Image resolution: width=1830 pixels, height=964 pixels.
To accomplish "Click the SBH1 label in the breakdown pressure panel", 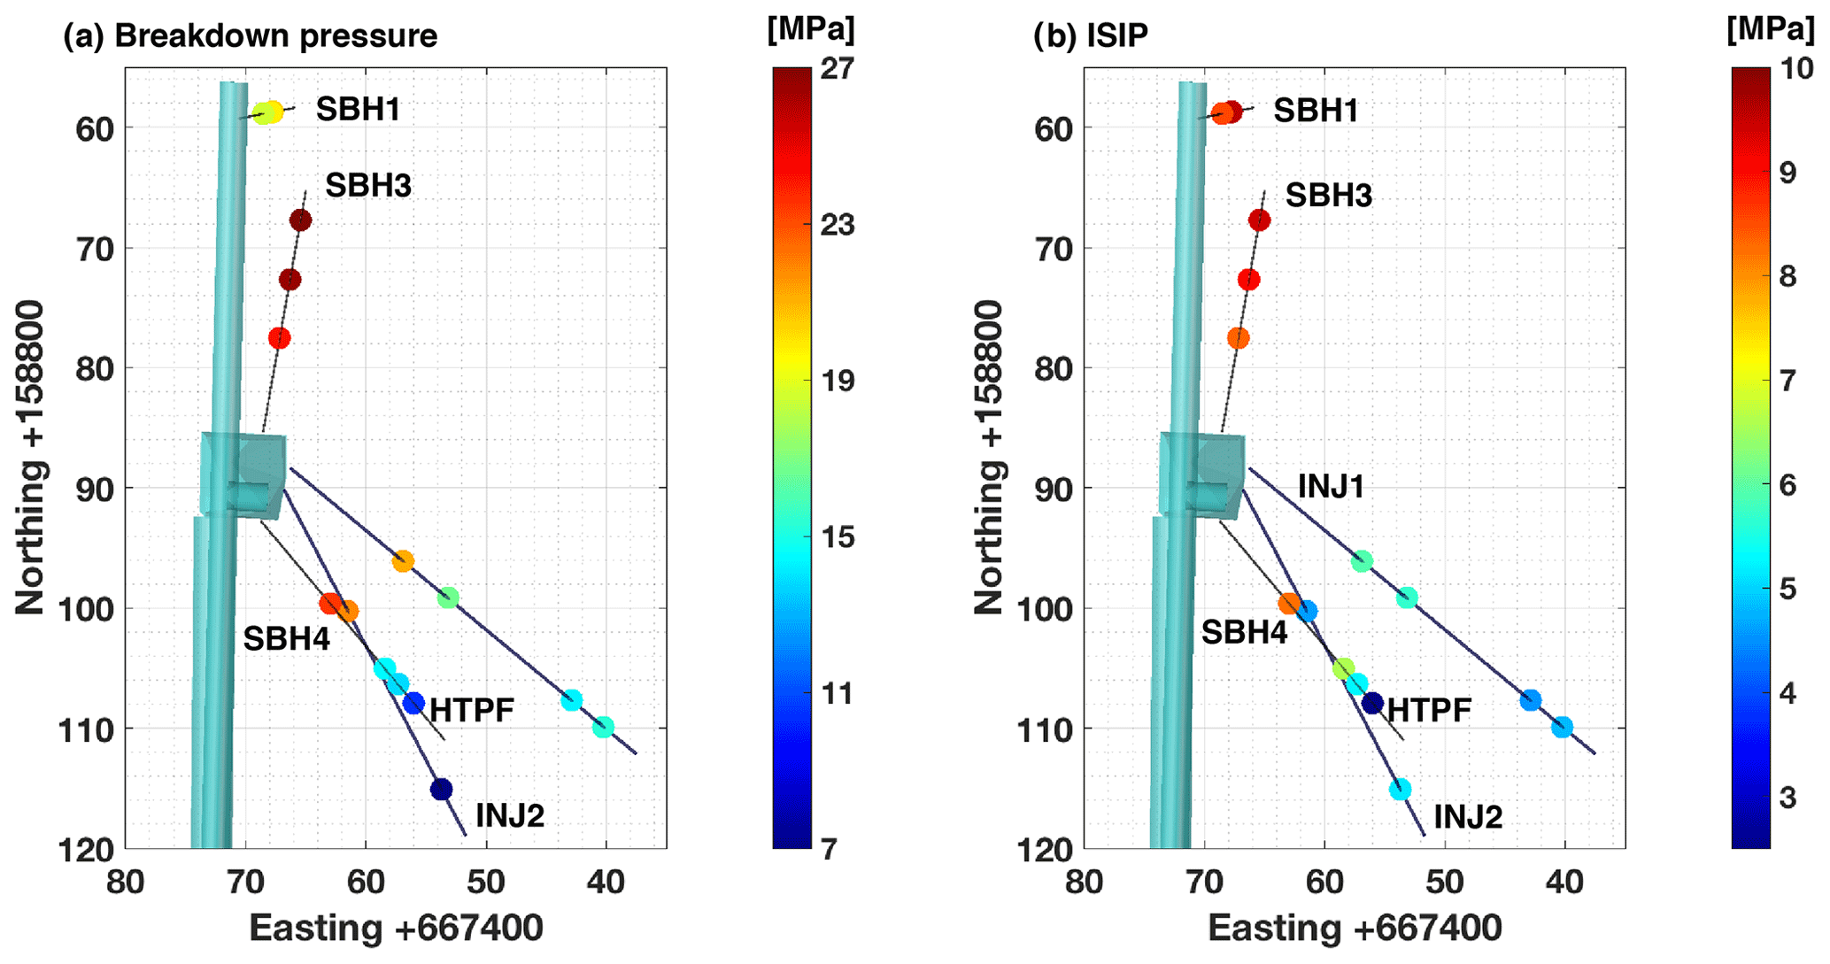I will pyautogui.click(x=358, y=110).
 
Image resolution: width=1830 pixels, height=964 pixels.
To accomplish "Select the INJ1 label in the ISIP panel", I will pyautogui.click(x=1331, y=487).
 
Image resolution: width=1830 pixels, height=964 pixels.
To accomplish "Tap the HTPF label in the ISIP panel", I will pyautogui.click(x=1429, y=710).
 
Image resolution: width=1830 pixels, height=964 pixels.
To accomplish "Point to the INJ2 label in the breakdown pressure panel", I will pyautogui.click(x=509, y=815).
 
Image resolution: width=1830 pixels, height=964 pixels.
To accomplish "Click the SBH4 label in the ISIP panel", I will pyautogui.click(x=1244, y=632).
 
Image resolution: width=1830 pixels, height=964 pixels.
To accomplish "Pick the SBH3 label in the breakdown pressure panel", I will pyautogui.click(x=367, y=186).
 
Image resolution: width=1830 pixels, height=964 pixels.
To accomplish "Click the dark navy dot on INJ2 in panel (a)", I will pyautogui.click(x=441, y=789).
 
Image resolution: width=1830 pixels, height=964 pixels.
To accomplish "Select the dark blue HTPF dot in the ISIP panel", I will pyautogui.click(x=1372, y=704).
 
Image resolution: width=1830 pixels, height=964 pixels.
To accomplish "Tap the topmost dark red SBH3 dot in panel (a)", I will pyautogui.click(x=300, y=220).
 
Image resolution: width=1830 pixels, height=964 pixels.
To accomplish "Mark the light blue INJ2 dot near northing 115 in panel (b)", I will pyautogui.click(x=1400, y=789).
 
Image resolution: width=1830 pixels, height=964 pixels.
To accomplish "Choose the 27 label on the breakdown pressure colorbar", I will pyautogui.click(x=837, y=68).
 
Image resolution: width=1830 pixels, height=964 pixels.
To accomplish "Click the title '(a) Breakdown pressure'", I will pyautogui.click(x=251, y=36).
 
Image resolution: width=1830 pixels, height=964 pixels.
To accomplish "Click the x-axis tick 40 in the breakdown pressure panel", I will pyautogui.click(x=606, y=882).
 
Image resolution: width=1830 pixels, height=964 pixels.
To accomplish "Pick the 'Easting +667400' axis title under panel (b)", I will pyautogui.click(x=1355, y=929).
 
